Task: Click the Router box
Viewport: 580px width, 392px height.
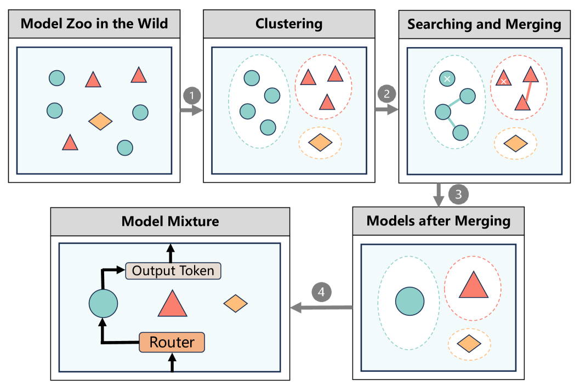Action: coord(172,343)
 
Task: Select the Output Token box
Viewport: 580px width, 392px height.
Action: coord(173,271)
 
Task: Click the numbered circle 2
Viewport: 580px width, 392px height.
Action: coord(386,93)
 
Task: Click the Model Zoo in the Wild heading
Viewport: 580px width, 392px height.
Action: coord(94,24)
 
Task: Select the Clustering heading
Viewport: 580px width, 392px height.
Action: coord(289,24)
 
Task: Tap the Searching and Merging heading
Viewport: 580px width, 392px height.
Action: coord(484,24)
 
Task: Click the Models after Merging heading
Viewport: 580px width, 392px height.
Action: coord(438,221)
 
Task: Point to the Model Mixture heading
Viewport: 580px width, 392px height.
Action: coord(170,221)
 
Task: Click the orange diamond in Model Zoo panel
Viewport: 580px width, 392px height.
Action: coord(100,121)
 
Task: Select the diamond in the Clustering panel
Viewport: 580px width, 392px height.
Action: coord(320,143)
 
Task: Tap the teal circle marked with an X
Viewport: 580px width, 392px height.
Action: coord(447,79)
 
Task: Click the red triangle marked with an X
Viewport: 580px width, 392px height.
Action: coord(503,81)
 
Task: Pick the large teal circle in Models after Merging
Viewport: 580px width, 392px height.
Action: coord(410,301)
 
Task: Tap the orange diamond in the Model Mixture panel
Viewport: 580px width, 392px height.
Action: coord(236,303)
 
